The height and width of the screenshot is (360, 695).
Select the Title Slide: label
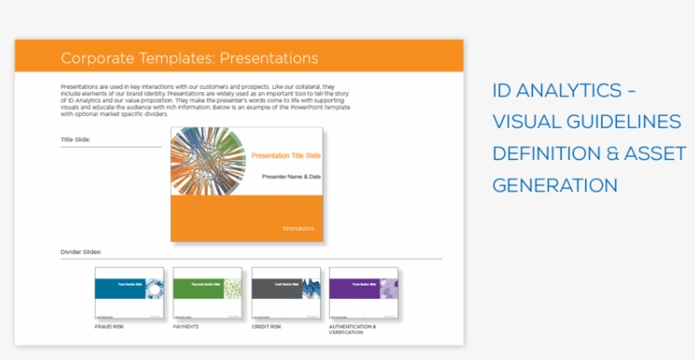[75, 139]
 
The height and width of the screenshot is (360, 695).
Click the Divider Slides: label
[81, 252]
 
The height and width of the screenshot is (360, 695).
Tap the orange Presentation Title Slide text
[286, 156]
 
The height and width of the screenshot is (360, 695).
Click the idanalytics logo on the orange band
[297, 228]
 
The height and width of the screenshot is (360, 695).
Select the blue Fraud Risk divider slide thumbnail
[129, 293]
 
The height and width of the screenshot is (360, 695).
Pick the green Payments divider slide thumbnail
[207, 293]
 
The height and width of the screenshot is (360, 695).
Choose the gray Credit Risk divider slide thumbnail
[286, 293]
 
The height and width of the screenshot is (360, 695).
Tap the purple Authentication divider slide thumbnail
[364, 293]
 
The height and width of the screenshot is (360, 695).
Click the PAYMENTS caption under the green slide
[186, 326]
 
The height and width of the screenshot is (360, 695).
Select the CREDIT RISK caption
[267, 326]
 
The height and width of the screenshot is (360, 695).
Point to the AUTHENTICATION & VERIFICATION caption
[352, 329]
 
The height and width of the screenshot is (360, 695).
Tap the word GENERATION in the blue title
[554, 185]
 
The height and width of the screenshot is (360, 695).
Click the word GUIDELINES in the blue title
[619, 122]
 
